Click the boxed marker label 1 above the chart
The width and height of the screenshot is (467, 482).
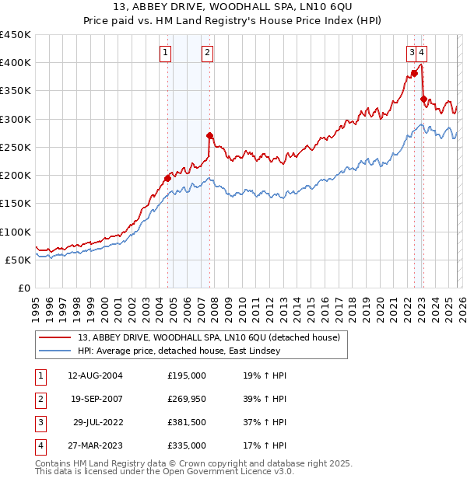click(167, 53)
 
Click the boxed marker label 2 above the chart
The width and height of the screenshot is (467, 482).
click(208, 53)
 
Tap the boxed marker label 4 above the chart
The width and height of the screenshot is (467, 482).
click(421, 53)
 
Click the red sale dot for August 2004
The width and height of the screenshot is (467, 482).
click(167, 178)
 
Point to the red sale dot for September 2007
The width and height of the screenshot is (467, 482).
click(209, 135)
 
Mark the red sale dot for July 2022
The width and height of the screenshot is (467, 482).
click(414, 73)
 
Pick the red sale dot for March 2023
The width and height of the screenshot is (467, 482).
click(423, 99)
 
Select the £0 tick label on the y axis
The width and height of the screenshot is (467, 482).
click(25, 288)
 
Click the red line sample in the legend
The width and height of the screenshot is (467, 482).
click(56, 338)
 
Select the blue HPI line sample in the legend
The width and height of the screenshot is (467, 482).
click(56, 351)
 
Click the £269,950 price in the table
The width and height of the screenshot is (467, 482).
click(187, 399)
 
